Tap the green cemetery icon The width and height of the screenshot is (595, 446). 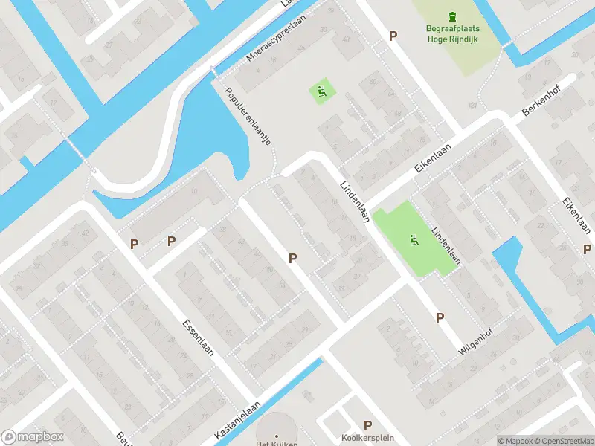(x=453, y=16)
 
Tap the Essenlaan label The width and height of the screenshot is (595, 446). (x=198, y=337)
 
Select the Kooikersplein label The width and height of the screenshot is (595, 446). (x=367, y=437)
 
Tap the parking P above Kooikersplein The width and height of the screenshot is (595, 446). (x=367, y=424)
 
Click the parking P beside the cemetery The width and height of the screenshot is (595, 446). (x=393, y=36)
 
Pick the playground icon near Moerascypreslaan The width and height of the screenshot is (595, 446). (x=321, y=93)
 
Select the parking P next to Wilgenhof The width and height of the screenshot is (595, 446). (x=440, y=317)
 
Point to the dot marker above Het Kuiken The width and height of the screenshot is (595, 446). (x=277, y=436)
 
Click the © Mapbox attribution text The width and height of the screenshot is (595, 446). (x=515, y=441)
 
